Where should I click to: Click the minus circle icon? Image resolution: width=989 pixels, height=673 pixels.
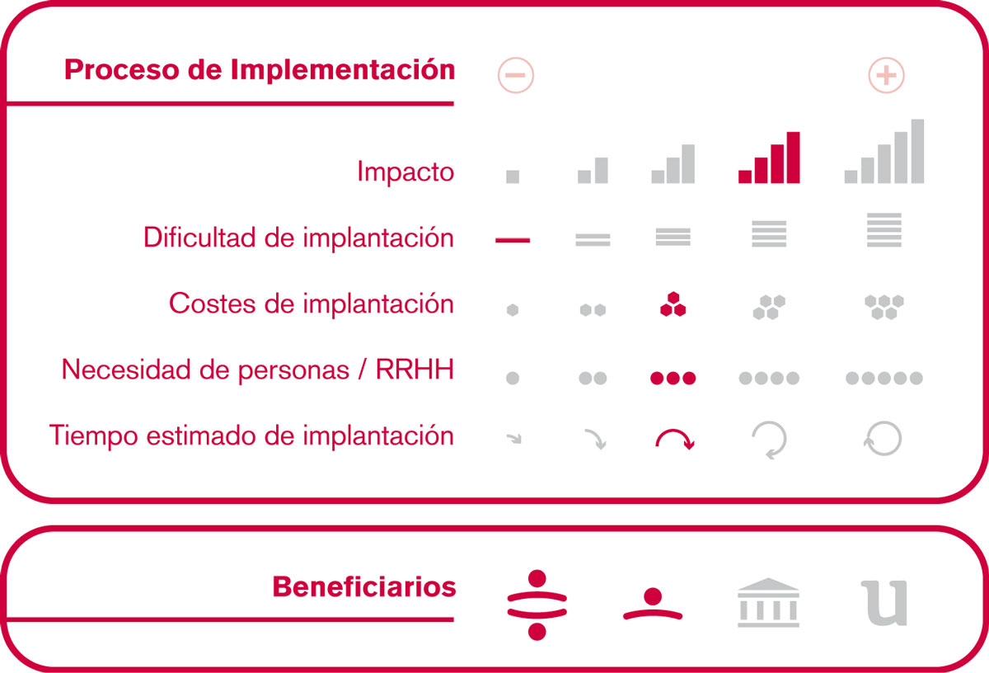click(x=516, y=75)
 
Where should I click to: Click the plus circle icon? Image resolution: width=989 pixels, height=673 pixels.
click(x=886, y=75)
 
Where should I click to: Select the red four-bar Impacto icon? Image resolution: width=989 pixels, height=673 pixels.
click(x=769, y=158)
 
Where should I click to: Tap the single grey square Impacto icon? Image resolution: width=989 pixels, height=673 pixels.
click(x=513, y=176)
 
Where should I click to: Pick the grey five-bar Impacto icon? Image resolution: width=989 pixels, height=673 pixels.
click(x=884, y=151)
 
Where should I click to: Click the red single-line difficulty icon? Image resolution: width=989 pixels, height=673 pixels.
click(x=513, y=240)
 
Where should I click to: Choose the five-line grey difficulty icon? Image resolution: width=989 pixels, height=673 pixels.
click(x=884, y=230)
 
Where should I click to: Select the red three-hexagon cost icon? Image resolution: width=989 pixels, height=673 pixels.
click(x=673, y=304)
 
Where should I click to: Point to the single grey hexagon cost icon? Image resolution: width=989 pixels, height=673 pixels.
click(x=513, y=310)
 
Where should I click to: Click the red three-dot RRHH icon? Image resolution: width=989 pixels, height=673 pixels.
click(x=673, y=378)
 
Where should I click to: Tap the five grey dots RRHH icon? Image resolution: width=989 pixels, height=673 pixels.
click(x=884, y=378)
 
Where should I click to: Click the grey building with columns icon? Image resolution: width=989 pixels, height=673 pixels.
click(x=769, y=602)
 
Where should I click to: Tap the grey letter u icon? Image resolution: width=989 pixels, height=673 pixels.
click(x=884, y=603)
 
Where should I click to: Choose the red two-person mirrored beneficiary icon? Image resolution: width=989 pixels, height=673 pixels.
click(x=537, y=605)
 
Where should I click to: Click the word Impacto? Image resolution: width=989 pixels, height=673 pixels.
click(x=405, y=172)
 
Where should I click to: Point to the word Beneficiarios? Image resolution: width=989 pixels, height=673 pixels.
click(x=363, y=587)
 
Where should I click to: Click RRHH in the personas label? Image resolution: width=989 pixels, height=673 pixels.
click(x=415, y=369)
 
